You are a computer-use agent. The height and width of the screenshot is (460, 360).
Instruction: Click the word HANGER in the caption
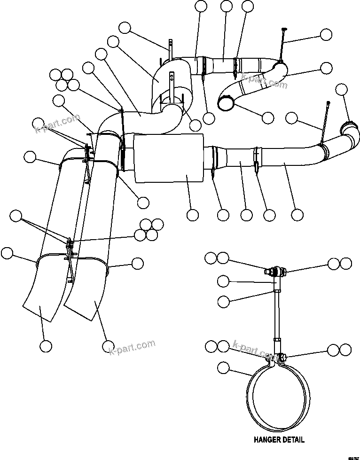pyautogui.click(x=268, y=440)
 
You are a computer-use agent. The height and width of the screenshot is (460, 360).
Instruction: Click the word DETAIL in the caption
pyautogui.click(x=293, y=440)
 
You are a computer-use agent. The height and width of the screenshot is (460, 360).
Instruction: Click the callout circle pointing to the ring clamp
pyautogui.click(x=224, y=367)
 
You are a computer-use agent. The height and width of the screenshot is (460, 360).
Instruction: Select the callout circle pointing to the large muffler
pyautogui.click(x=192, y=215)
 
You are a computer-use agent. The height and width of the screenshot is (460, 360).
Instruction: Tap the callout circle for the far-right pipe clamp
pyautogui.click(x=342, y=89)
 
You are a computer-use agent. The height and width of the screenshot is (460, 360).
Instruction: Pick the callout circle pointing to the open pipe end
pyautogui.click(x=267, y=117)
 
